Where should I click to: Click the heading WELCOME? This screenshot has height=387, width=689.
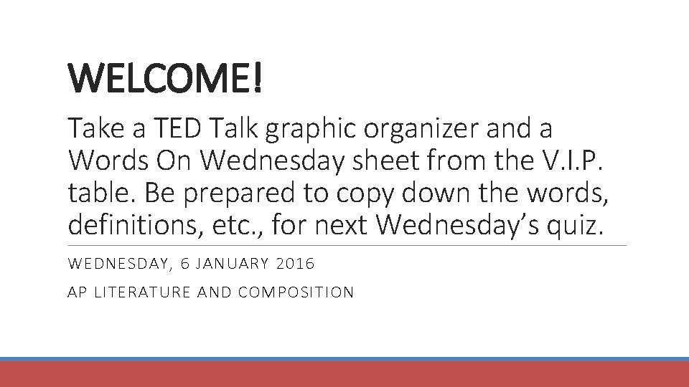(x=166, y=80)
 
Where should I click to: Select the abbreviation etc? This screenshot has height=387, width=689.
(x=234, y=226)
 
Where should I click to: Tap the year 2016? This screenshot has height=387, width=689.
(x=296, y=264)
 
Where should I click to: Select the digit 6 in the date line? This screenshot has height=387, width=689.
(x=185, y=264)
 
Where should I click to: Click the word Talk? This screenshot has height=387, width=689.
(x=236, y=130)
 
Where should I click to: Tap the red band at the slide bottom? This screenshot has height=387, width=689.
(x=344, y=374)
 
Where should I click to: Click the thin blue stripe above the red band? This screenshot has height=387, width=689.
(x=344, y=359)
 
